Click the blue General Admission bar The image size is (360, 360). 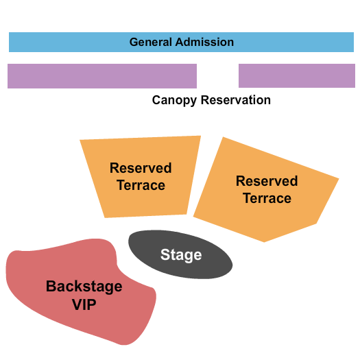[69, 42]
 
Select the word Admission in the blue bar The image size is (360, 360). [204, 42]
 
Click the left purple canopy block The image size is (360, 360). [101, 76]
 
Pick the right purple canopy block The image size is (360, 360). [296, 76]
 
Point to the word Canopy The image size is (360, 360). [175, 100]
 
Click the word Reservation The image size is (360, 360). [235, 100]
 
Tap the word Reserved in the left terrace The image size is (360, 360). [141, 168]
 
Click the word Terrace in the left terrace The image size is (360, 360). [141, 185]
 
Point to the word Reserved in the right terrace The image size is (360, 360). [267, 181]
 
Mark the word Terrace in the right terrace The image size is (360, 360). [267, 198]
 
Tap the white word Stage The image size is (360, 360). [181, 255]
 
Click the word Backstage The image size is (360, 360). [84, 286]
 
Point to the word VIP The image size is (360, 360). [84, 304]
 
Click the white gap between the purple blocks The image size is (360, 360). [217, 76]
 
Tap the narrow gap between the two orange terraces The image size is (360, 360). [197, 178]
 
